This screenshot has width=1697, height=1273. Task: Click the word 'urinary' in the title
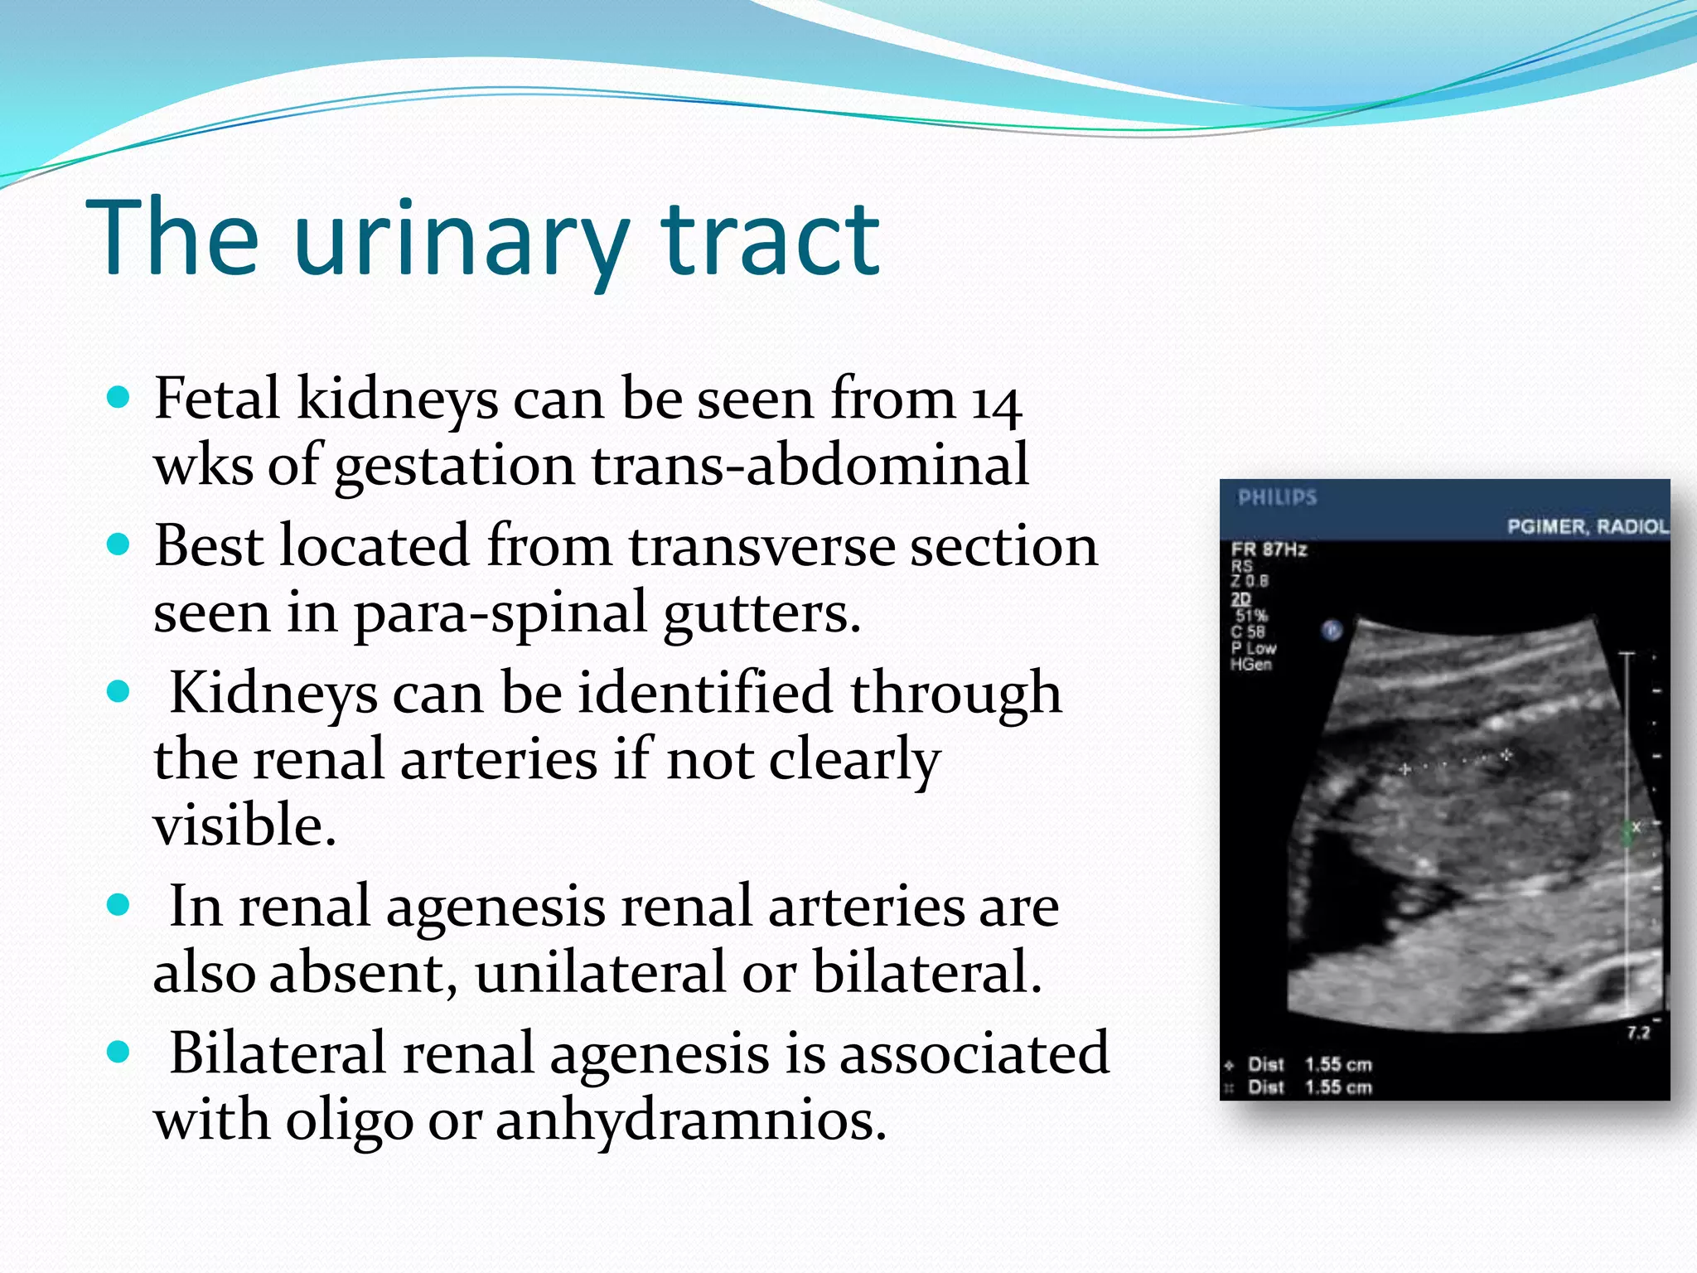pos(460,240)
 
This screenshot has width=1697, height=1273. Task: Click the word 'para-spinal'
pos(500,613)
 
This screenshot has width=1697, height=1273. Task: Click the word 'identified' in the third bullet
pos(704,693)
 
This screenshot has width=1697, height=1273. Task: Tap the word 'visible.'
pos(245,825)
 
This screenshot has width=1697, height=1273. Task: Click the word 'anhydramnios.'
pos(691,1121)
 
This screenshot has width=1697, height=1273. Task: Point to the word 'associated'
pos(970,1054)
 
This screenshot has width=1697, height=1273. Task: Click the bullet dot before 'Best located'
pos(119,545)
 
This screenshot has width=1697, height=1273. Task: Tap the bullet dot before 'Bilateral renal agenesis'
pos(119,1053)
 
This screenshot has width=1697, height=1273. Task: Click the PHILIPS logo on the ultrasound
pos(1277,497)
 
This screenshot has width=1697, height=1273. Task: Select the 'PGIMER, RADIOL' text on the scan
pos(1587,527)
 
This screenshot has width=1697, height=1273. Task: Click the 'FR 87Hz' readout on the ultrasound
pos(1269,549)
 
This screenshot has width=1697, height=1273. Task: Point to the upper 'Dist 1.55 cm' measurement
pos(1309,1064)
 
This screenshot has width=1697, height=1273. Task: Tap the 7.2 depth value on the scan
pos(1637,1033)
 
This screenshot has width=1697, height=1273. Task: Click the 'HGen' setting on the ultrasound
pos(1251,665)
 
